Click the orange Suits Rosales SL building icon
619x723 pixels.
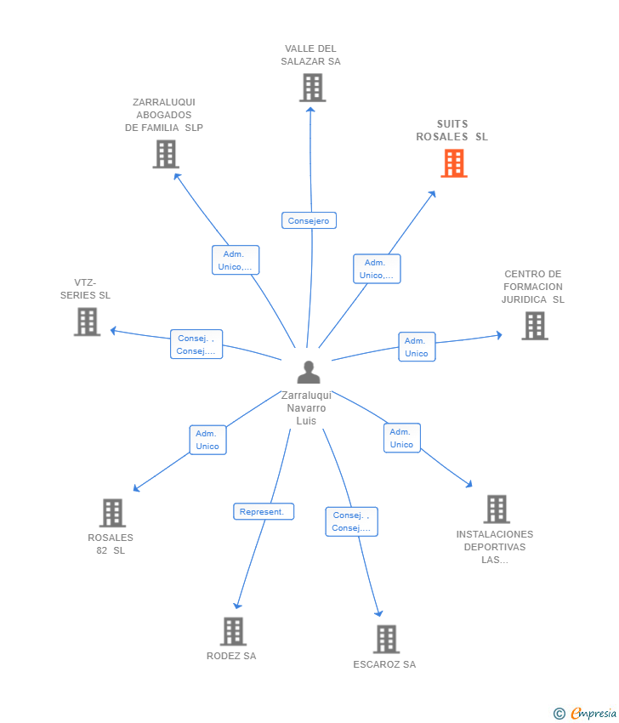[x=454, y=163]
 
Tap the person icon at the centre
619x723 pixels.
[x=309, y=372]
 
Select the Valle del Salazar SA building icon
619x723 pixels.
[x=312, y=88]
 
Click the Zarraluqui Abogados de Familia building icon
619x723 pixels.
[x=166, y=154]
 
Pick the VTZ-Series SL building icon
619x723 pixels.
[x=87, y=322]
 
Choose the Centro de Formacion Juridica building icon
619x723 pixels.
[x=534, y=326]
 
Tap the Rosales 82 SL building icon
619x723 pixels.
[x=112, y=513]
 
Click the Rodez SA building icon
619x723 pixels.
[x=233, y=631]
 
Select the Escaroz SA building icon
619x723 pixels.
[x=386, y=639]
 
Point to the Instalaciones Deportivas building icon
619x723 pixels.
[x=497, y=509]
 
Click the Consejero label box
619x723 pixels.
[x=309, y=221]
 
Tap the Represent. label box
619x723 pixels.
[x=264, y=512]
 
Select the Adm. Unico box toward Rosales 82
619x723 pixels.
[x=207, y=440]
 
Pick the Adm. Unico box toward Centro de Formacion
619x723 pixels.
[x=417, y=347]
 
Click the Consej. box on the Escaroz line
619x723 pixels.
[x=351, y=521]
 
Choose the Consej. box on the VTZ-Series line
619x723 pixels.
[x=196, y=344]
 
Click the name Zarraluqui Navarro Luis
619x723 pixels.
[x=306, y=408]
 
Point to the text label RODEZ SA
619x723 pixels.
[x=231, y=656]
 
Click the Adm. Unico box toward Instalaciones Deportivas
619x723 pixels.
[x=401, y=438]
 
